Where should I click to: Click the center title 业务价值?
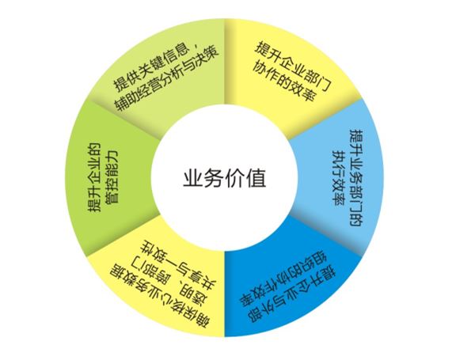click(225, 177)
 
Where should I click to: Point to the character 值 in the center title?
click(256, 177)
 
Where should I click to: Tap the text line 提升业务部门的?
click(356, 178)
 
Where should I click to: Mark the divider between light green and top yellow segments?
click(225, 62)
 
